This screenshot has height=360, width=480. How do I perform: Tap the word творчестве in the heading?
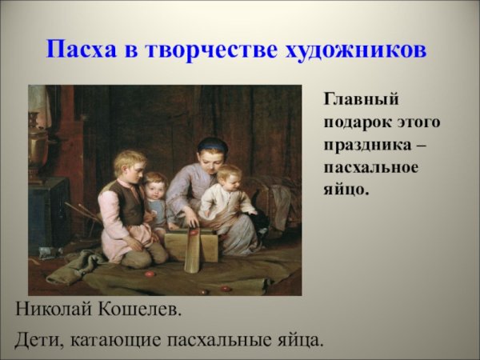(211, 50)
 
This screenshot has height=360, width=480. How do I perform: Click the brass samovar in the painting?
(38, 144)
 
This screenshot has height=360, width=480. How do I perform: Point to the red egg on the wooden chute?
(193, 233)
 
